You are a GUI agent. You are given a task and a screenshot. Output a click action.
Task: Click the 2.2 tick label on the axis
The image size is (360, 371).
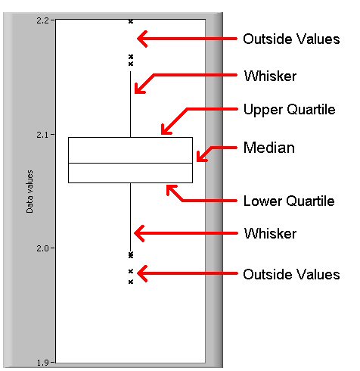click(x=43, y=20)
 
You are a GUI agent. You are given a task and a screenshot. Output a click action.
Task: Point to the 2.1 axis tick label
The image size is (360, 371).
click(x=43, y=135)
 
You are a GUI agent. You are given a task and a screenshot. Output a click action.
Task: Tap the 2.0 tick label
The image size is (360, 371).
click(x=43, y=248)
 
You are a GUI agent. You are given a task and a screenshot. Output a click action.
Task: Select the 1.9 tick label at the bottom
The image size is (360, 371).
click(x=43, y=363)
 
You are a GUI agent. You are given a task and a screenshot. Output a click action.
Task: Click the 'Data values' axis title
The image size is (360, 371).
click(x=29, y=192)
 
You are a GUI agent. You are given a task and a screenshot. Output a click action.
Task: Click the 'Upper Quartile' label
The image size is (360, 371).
click(x=290, y=110)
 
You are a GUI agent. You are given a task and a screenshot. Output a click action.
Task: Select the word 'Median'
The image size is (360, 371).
click(x=269, y=148)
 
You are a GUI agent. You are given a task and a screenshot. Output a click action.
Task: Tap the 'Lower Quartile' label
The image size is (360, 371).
click(x=289, y=201)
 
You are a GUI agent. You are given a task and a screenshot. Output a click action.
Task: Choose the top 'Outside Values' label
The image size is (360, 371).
click(x=291, y=39)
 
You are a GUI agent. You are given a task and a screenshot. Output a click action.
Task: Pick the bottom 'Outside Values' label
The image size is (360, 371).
click(x=291, y=274)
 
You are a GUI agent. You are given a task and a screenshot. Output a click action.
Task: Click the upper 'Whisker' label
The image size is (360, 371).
click(x=270, y=76)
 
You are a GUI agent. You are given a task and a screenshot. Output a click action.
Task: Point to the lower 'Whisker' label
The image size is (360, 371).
click(x=270, y=233)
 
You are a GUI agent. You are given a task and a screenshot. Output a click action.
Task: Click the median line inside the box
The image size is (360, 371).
click(x=130, y=164)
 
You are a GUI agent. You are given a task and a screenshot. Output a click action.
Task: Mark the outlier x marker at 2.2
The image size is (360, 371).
click(x=131, y=21)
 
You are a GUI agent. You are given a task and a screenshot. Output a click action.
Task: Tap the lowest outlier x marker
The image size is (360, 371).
click(x=131, y=282)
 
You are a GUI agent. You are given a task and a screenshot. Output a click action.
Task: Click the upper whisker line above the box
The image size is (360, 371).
click(x=131, y=104)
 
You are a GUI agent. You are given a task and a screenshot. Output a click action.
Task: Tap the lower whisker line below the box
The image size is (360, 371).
click(x=131, y=217)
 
